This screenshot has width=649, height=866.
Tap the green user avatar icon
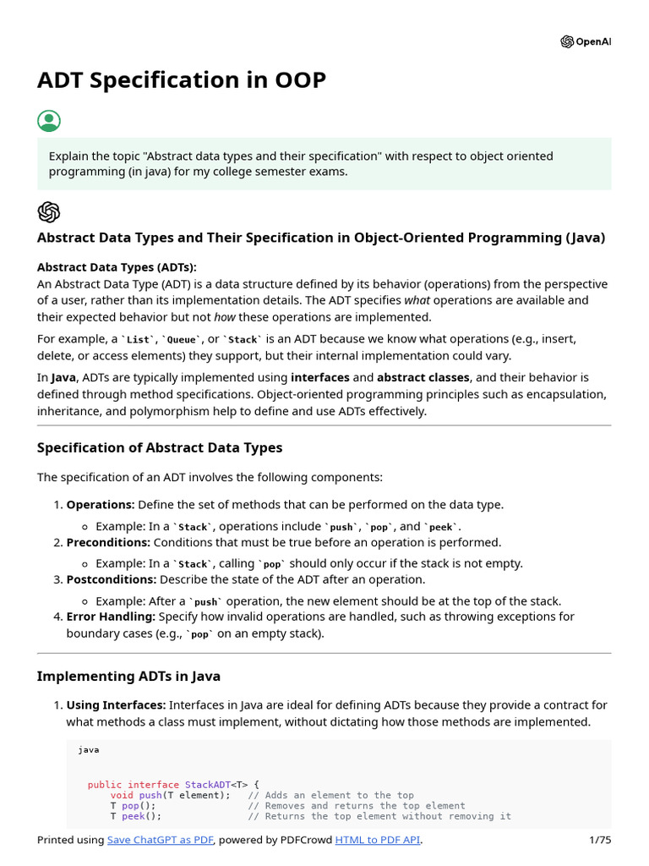pyautogui.click(x=49, y=121)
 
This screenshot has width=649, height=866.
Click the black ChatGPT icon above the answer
pyautogui.click(x=49, y=211)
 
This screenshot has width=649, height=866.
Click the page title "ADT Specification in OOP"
pyautogui.click(x=181, y=80)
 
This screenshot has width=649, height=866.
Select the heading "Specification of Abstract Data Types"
pyautogui.click(x=160, y=447)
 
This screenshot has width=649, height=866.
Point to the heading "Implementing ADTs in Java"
pyautogui.click(x=128, y=676)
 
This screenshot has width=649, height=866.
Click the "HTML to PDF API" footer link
pyautogui.click(x=378, y=840)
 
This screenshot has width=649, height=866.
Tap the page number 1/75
pyautogui.click(x=599, y=840)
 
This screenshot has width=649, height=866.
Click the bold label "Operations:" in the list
pyautogui.click(x=101, y=505)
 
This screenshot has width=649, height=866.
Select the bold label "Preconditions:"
pyautogui.click(x=108, y=542)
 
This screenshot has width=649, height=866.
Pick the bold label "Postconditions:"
pyautogui.click(x=112, y=579)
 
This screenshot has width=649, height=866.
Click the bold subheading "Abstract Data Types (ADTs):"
pyautogui.click(x=117, y=267)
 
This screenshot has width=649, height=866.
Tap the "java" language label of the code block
pyautogui.click(x=89, y=749)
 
